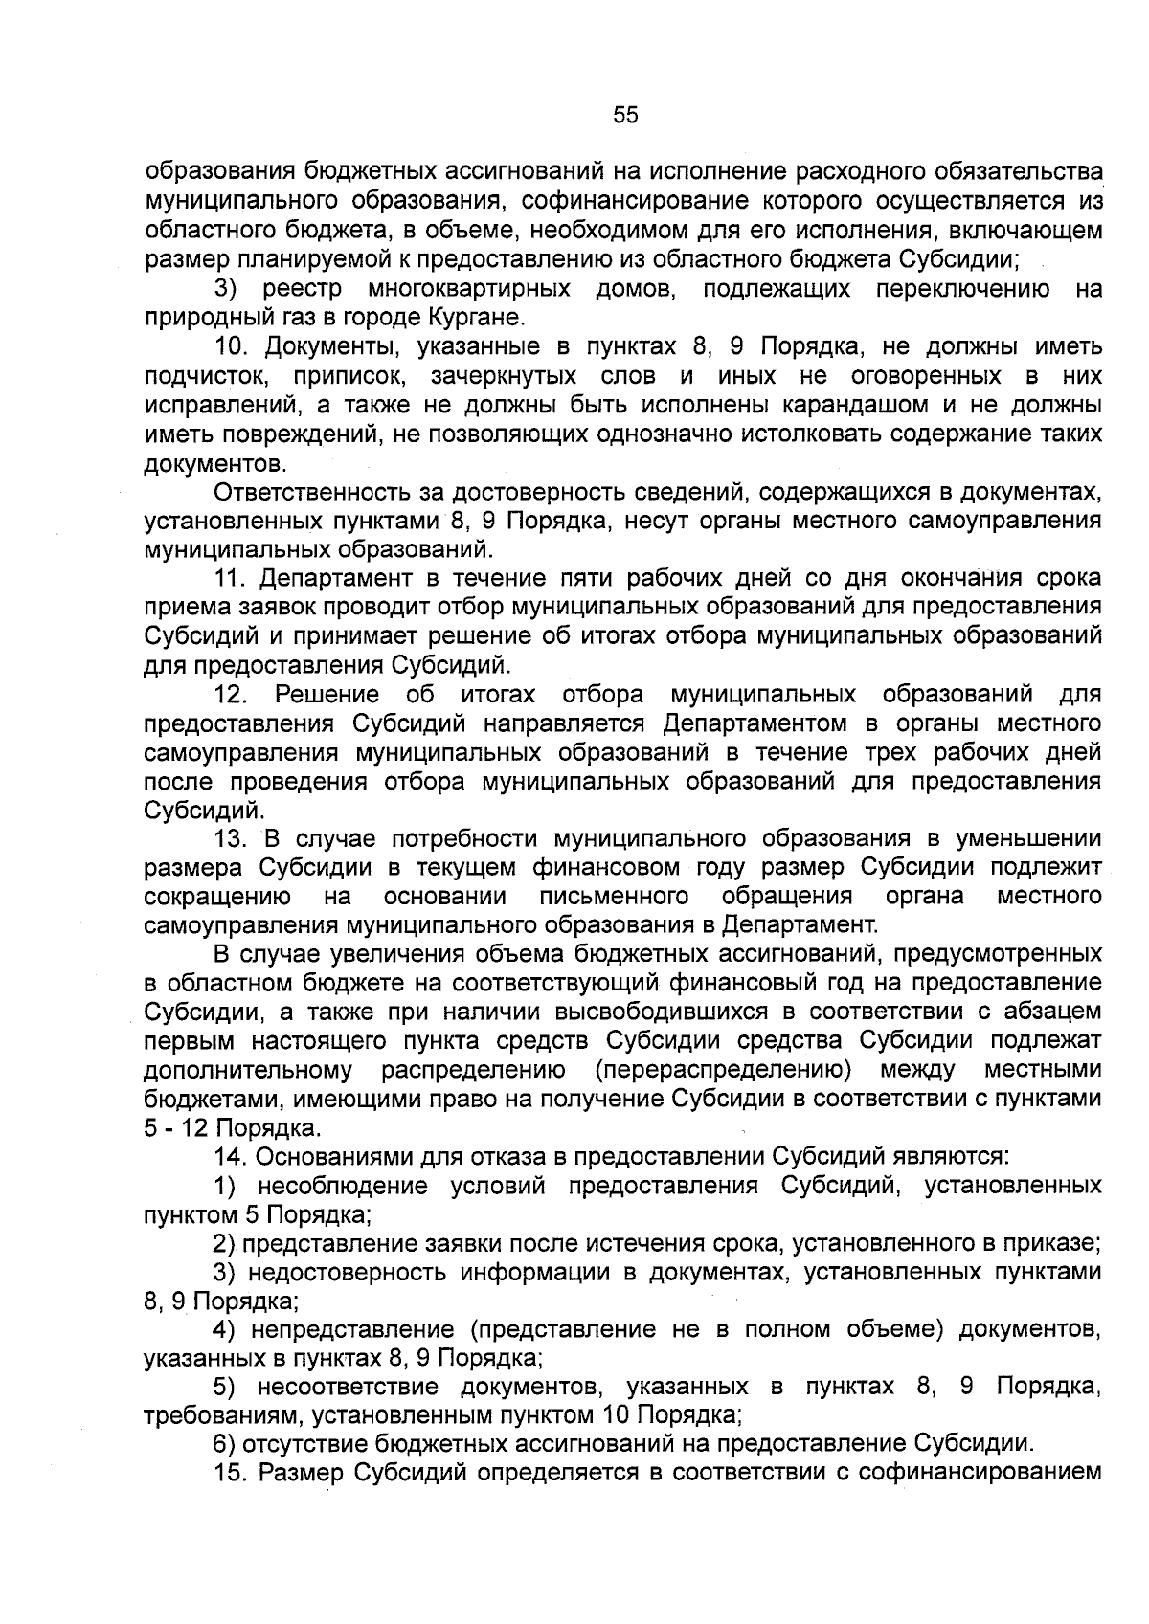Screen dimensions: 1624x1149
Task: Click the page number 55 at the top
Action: (x=624, y=116)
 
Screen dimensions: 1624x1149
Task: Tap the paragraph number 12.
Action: (x=233, y=694)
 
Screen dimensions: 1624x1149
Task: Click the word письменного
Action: (x=614, y=897)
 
